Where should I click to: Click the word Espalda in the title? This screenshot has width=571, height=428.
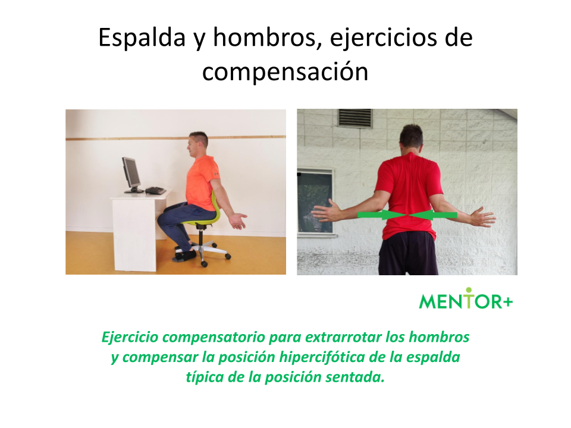click(x=142, y=38)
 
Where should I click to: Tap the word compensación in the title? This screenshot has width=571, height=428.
click(x=285, y=72)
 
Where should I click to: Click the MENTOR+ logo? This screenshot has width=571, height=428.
click(x=466, y=299)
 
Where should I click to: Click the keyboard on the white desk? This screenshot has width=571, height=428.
click(x=155, y=190)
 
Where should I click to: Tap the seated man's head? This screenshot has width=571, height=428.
click(x=197, y=144)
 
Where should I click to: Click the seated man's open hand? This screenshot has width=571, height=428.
click(x=238, y=221)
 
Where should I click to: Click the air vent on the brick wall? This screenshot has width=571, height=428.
click(x=355, y=118)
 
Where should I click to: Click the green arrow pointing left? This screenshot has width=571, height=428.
click(x=433, y=215)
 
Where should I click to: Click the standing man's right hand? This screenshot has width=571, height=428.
click(x=482, y=218)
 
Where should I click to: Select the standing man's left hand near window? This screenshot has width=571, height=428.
click(x=327, y=210)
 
